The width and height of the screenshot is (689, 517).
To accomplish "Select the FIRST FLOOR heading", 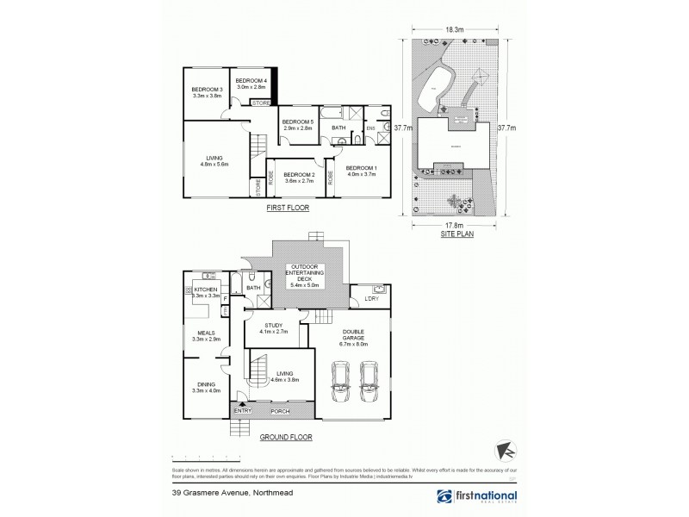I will [x=289, y=209].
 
